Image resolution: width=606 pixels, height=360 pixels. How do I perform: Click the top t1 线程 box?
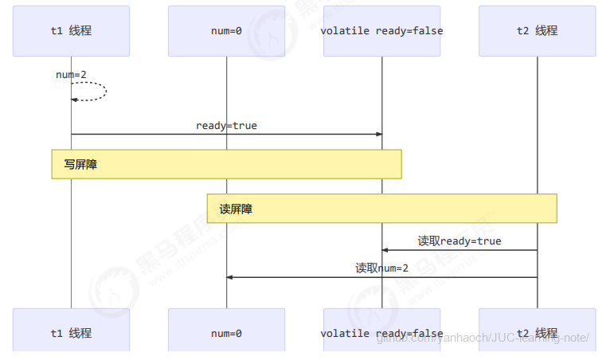click(x=71, y=31)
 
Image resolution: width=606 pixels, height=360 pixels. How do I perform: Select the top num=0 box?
click(x=226, y=31)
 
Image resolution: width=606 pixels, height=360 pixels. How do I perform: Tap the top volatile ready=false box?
click(x=381, y=31)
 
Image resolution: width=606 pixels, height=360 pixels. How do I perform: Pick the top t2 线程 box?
click(x=537, y=31)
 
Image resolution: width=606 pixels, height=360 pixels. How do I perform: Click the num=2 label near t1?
click(x=71, y=75)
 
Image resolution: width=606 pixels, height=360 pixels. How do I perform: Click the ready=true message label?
click(x=226, y=126)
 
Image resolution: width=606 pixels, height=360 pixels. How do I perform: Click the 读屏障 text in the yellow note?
click(x=236, y=209)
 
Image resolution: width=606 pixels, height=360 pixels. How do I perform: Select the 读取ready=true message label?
click(x=459, y=241)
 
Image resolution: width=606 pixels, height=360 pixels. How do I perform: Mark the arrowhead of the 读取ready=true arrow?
click(x=385, y=250)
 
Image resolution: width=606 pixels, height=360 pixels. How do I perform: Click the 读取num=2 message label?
click(x=381, y=268)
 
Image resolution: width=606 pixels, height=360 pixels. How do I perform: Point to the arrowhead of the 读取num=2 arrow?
click(x=229, y=277)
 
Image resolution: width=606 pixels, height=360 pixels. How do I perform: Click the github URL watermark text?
click(x=481, y=338)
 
